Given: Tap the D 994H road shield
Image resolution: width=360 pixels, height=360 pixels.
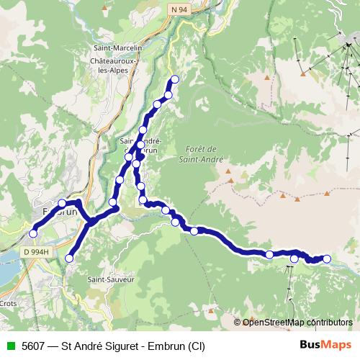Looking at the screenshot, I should (x=35, y=252).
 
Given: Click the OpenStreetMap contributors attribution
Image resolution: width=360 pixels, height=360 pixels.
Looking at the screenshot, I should (x=297, y=322).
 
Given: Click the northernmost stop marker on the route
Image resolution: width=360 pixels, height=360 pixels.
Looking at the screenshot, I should (x=174, y=79).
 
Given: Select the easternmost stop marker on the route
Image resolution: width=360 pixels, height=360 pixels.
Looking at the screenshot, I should (x=326, y=258).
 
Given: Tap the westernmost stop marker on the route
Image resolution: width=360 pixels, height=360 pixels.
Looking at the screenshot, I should (x=33, y=233).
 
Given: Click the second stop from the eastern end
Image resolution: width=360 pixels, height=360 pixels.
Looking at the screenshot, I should (x=294, y=258).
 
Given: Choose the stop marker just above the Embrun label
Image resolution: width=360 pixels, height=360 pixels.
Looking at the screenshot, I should (x=62, y=204).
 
